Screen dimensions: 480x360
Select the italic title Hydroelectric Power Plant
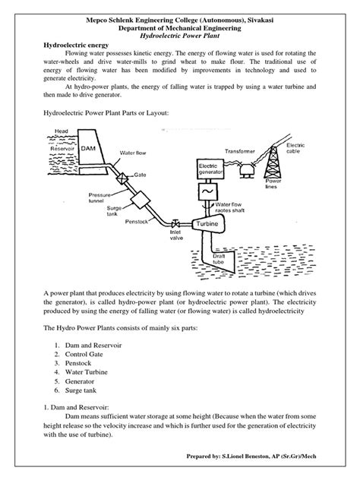pyautogui.click(x=179, y=36)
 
